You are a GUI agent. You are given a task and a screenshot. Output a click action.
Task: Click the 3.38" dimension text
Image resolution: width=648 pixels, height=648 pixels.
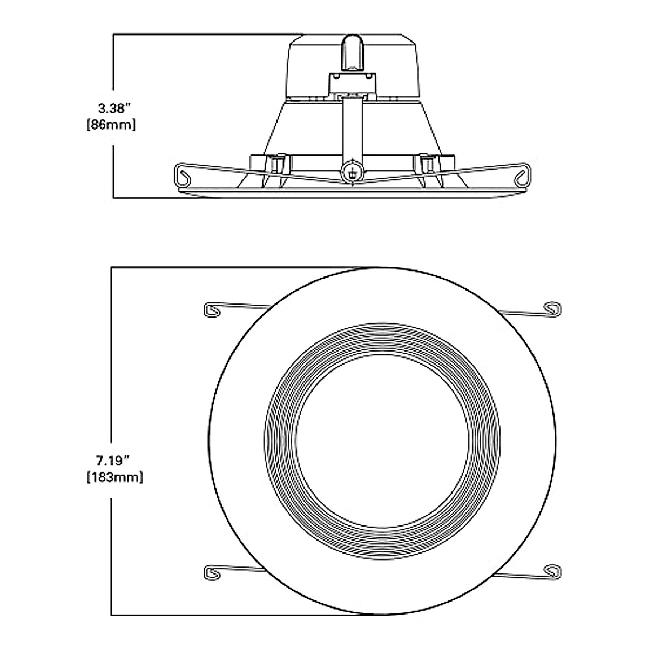point(112,109)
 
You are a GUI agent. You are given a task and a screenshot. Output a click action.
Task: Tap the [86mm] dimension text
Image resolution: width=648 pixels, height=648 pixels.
point(112,125)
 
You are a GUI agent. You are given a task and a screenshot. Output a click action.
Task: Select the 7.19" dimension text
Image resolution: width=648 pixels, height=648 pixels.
point(112,461)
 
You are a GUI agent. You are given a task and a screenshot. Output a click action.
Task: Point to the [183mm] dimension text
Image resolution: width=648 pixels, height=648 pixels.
point(112,477)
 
